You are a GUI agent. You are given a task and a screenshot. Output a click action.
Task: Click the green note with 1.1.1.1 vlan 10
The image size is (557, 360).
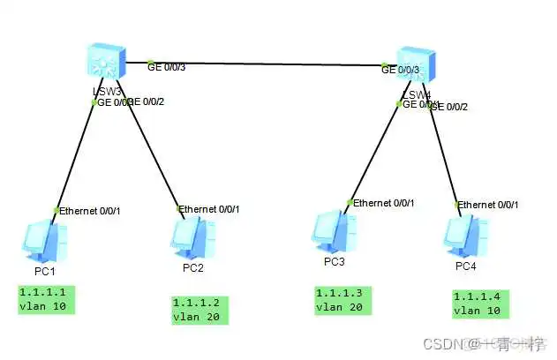click(x=46, y=299)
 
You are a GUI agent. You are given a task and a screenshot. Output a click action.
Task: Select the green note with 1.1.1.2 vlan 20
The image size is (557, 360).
click(x=199, y=310)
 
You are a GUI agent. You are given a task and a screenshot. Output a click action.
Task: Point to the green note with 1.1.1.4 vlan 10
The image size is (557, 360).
click(x=483, y=303)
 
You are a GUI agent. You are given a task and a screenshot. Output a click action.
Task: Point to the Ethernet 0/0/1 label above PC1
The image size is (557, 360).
click(x=89, y=210)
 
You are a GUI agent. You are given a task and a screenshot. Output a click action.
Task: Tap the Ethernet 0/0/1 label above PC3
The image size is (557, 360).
click(x=384, y=202)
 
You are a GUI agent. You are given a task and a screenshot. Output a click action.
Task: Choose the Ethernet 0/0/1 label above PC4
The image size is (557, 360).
click(x=488, y=205)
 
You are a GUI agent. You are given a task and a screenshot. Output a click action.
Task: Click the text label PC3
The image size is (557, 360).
click(x=334, y=262)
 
